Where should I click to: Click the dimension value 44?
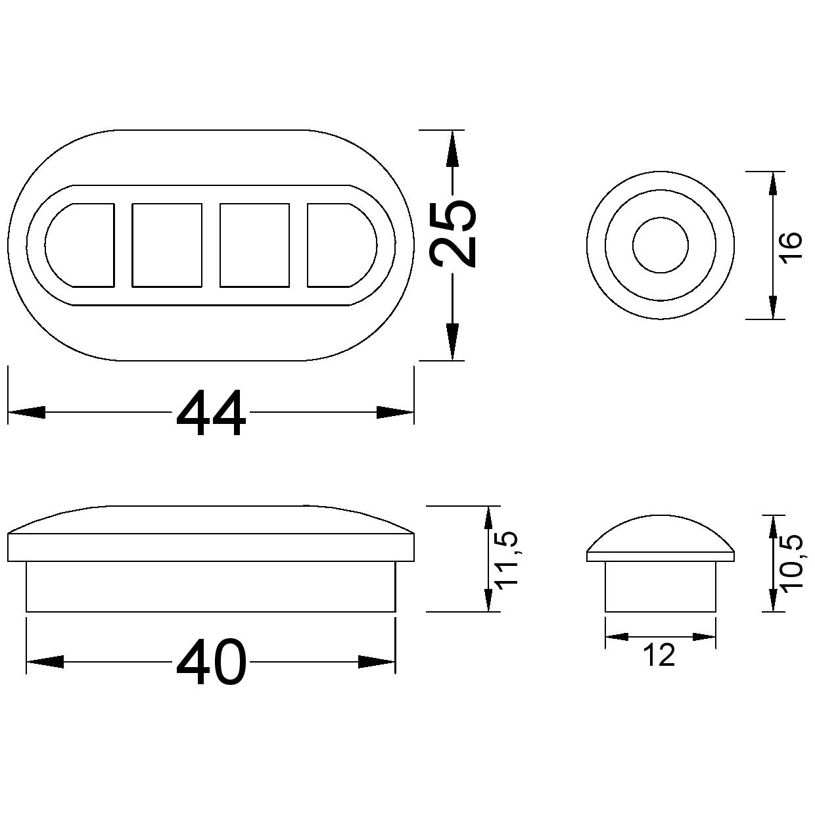tap(210, 412)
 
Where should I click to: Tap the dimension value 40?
tap(210, 662)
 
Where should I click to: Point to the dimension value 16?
tap(790, 247)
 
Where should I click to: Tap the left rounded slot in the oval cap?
tap(80, 245)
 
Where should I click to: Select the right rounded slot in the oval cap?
tap(342, 245)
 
